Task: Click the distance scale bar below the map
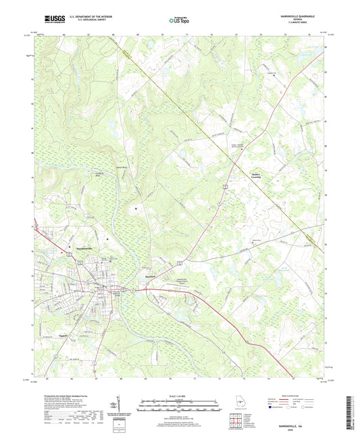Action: [x=179, y=407]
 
